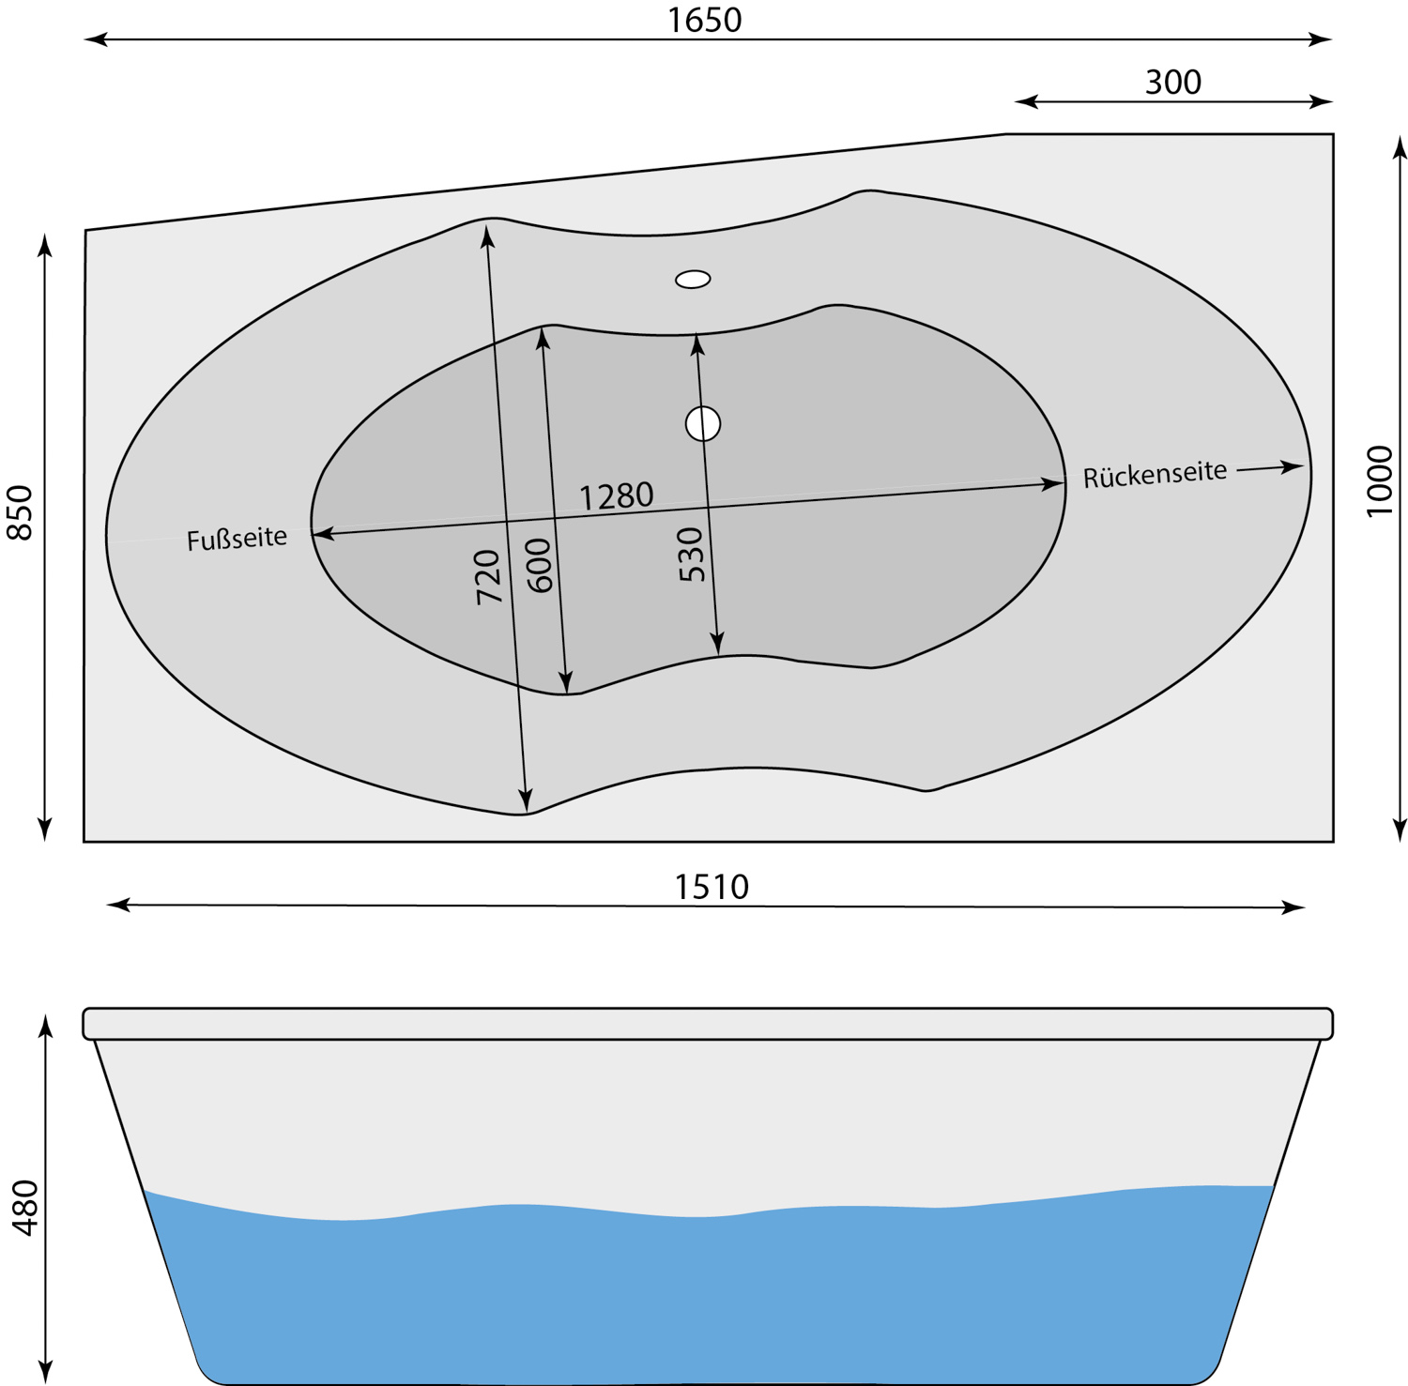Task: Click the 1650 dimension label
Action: click(704, 20)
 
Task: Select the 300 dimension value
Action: click(1172, 83)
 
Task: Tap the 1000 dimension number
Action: click(1379, 480)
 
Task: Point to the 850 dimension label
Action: click(20, 512)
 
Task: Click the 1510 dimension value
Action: click(712, 887)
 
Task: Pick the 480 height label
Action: click(24, 1208)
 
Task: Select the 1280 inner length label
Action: click(616, 495)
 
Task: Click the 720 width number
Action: click(488, 576)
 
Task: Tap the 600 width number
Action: click(539, 565)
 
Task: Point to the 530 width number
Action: click(691, 555)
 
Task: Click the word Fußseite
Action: click(237, 540)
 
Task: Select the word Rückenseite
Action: click(1155, 474)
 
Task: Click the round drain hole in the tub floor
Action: click(703, 423)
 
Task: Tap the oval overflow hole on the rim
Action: click(693, 279)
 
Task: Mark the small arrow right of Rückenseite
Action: click(1271, 467)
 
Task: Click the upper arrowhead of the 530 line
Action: click(696, 343)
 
